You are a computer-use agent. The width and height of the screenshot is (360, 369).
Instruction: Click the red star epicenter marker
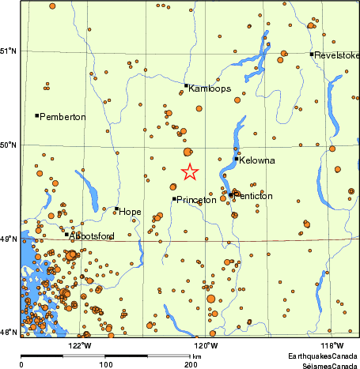pos(190,171)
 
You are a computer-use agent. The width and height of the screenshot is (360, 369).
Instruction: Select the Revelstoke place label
pos(337,55)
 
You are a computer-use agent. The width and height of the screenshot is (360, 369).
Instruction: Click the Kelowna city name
pos(257,160)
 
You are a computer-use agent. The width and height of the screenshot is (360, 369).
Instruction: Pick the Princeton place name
pos(196,200)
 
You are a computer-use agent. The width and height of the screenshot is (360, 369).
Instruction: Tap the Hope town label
pos(131,212)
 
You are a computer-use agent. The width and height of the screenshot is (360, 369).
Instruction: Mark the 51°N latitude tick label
pos(9,51)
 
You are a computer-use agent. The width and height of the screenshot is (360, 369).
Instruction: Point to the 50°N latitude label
pos(9,145)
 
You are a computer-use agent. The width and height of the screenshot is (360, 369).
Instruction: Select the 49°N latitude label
pos(9,239)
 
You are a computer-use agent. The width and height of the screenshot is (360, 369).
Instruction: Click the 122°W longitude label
pos(80,345)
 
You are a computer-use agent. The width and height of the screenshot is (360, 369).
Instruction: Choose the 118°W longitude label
pos(332,345)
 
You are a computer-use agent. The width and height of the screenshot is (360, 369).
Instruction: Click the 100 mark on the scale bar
pos(105,364)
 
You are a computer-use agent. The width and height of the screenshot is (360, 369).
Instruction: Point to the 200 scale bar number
pos(190,364)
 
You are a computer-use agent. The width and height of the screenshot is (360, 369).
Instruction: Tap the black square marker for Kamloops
pos(186,85)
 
